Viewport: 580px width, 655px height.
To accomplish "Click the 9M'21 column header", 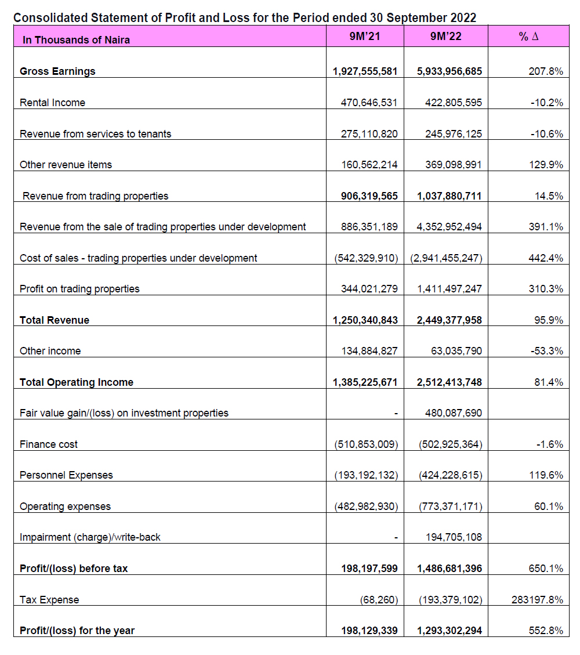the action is (365, 37).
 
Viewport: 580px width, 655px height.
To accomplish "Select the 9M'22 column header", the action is (445, 37).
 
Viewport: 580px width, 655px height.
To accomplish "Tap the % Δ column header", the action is (528, 37).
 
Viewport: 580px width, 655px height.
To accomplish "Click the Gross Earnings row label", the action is (57, 71).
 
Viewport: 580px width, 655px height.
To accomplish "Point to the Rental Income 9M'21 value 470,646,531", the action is (369, 103).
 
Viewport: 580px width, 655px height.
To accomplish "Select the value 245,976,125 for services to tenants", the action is (454, 134).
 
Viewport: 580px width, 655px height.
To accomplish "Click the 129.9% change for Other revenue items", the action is (546, 165).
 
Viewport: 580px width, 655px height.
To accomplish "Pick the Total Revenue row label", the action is (55, 320).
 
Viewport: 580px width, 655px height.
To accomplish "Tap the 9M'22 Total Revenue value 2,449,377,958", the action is (449, 320).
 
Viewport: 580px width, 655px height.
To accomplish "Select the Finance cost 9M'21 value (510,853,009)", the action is (366, 444).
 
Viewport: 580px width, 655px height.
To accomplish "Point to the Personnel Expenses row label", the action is (66, 475).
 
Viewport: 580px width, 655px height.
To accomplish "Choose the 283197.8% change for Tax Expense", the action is (538, 600).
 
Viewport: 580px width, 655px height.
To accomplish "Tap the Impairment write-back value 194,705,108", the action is (454, 538).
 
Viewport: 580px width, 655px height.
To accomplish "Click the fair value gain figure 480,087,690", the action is (454, 414).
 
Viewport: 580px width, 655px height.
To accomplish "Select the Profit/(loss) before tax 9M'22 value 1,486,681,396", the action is (449, 569).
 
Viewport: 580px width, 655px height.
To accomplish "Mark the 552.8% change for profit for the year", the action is (546, 631).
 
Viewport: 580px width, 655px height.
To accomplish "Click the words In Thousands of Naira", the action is (76, 40).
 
